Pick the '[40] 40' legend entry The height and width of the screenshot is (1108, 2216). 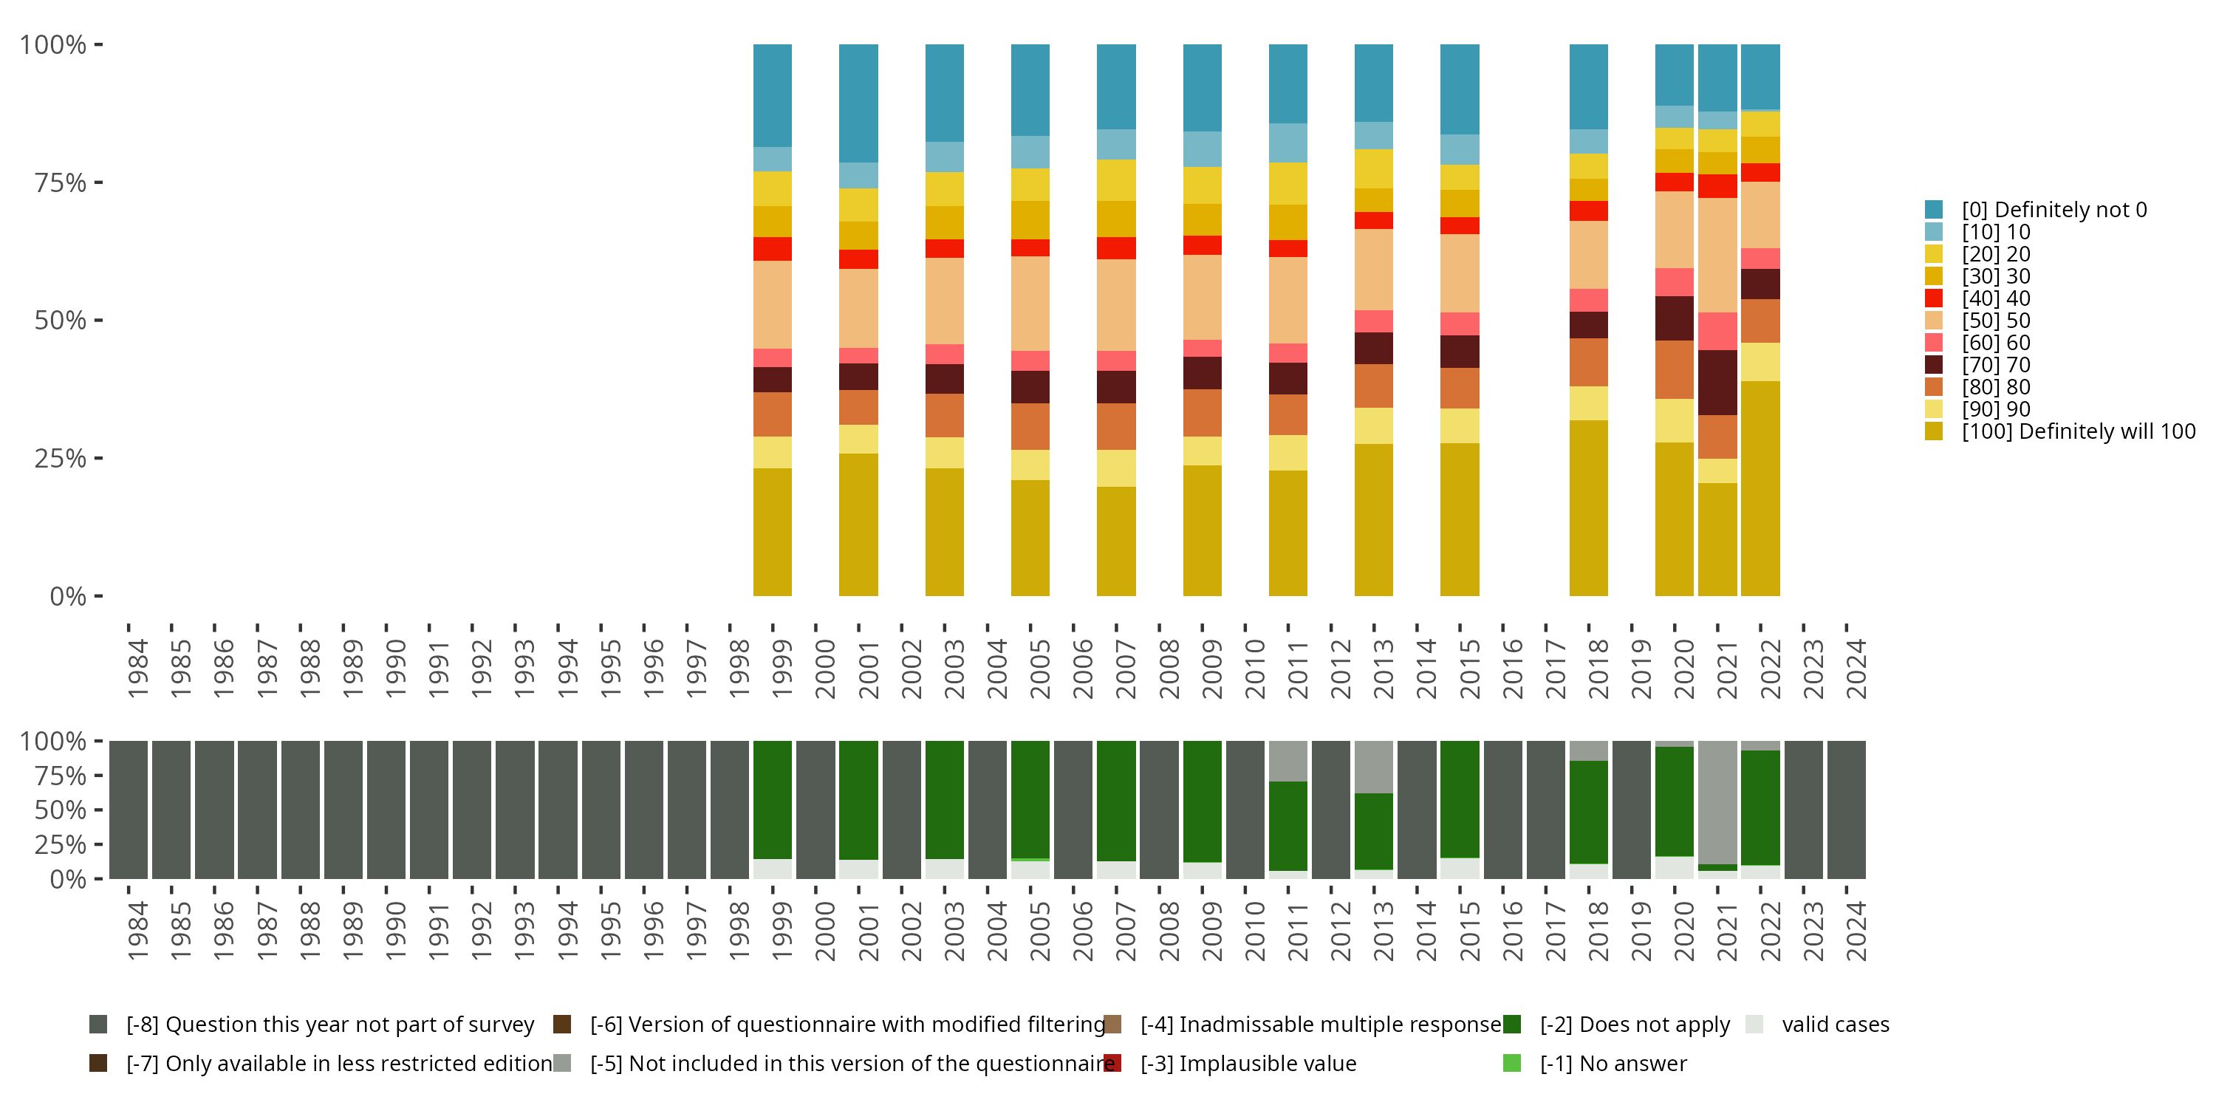pos(1995,298)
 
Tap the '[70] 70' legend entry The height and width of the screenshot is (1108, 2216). pos(1995,366)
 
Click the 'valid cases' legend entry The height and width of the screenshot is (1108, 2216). pos(1834,1025)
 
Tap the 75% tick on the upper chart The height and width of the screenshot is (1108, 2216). pos(61,183)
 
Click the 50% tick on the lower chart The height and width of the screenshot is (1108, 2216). pos(61,810)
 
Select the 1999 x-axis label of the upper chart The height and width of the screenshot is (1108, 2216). pos(782,669)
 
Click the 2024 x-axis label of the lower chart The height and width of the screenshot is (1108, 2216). pos(1856,931)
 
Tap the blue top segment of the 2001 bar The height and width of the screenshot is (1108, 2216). pos(858,103)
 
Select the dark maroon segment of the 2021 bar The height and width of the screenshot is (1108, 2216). pos(1717,382)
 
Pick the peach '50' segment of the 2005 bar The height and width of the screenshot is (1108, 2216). pos(1030,303)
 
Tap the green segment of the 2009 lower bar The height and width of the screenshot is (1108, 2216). pos(1202,801)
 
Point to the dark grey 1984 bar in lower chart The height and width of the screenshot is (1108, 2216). pos(129,810)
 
